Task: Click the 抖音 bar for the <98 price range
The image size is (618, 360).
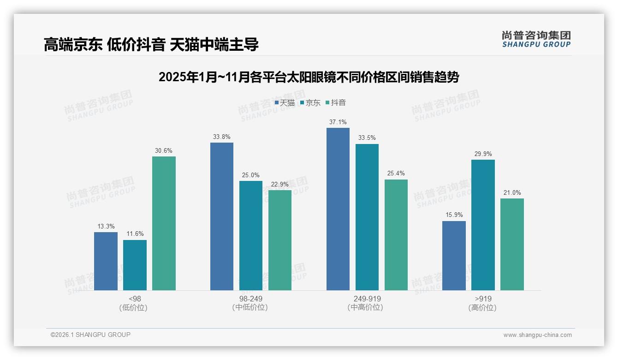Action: (164, 223)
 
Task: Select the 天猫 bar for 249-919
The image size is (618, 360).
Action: (338, 209)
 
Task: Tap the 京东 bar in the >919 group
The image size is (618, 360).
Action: (483, 225)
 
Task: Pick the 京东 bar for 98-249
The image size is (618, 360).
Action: (251, 235)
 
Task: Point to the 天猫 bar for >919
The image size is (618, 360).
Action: (454, 256)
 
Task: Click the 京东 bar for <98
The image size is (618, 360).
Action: (135, 265)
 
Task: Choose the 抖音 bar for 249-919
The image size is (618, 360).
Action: (396, 235)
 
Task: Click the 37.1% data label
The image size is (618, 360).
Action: (338, 122)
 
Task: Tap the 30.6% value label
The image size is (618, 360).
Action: (164, 150)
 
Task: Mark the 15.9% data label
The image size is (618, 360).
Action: (454, 215)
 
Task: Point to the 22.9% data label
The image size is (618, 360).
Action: (280, 184)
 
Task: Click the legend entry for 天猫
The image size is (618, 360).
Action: (285, 102)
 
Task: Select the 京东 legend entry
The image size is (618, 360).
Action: (310, 102)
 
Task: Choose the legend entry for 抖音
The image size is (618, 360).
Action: (336, 102)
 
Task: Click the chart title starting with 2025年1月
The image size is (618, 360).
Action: (309, 77)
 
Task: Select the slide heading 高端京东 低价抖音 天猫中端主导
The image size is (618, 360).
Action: (151, 44)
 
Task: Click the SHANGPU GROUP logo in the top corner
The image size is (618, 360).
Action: (536, 39)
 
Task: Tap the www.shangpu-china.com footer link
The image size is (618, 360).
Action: (537, 335)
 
